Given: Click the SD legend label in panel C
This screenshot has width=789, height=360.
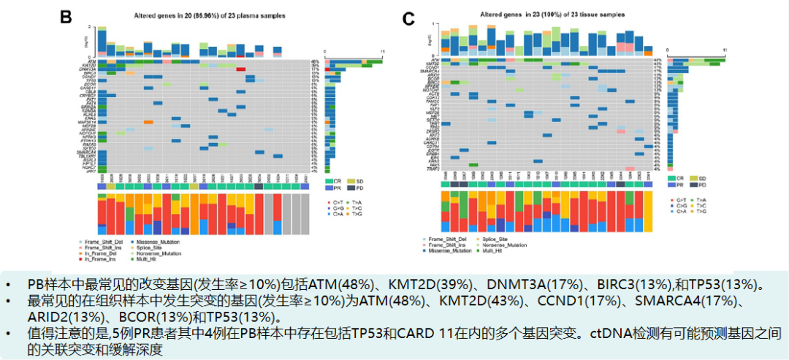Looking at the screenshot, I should point(702,178).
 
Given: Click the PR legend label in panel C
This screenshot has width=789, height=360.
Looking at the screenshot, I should point(681,186).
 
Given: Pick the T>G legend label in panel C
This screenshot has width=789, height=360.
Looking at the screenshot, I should point(701,211).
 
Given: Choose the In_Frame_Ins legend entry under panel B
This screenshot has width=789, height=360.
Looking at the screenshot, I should point(99,259).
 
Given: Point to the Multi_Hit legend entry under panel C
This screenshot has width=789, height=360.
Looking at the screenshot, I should point(504,250).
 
